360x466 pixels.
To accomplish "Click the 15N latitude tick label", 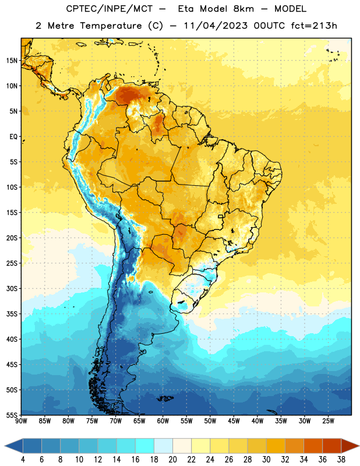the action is [x=12, y=61].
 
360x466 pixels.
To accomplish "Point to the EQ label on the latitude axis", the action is [x=13, y=137].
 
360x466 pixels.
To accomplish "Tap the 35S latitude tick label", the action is [x=12, y=314].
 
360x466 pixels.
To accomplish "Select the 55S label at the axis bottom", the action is [x=12, y=415].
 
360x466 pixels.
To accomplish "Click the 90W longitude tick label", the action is [x=21, y=421].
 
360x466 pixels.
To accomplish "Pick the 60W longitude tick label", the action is [x=163, y=421].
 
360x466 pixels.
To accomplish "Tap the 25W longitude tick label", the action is [x=328, y=421].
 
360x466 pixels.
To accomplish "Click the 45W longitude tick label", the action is [x=234, y=421].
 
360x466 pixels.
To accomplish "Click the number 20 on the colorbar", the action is [x=172, y=460].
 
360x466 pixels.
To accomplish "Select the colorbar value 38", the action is [x=341, y=460].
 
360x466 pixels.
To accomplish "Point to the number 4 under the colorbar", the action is [x=23, y=460].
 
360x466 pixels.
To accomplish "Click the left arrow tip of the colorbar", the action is [x=5, y=446].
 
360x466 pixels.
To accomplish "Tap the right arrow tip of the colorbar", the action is [x=359, y=446].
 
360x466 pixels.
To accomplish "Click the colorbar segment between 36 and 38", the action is [x=332, y=446].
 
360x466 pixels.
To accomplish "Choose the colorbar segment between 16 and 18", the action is [x=144, y=446].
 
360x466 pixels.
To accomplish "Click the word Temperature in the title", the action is [x=111, y=26].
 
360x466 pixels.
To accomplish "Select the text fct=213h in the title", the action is [x=314, y=26].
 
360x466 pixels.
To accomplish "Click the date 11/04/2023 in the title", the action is [x=216, y=26].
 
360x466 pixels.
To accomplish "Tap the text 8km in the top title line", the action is [x=243, y=9].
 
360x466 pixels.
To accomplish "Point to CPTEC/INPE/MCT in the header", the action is [x=109, y=9].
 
